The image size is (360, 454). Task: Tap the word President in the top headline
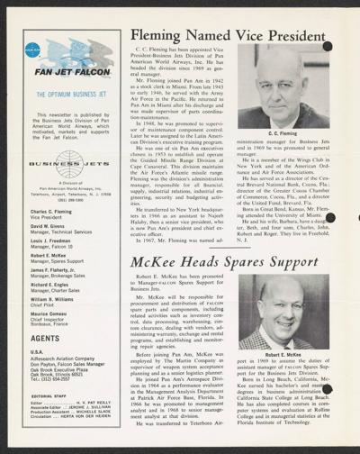point(301,33)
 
